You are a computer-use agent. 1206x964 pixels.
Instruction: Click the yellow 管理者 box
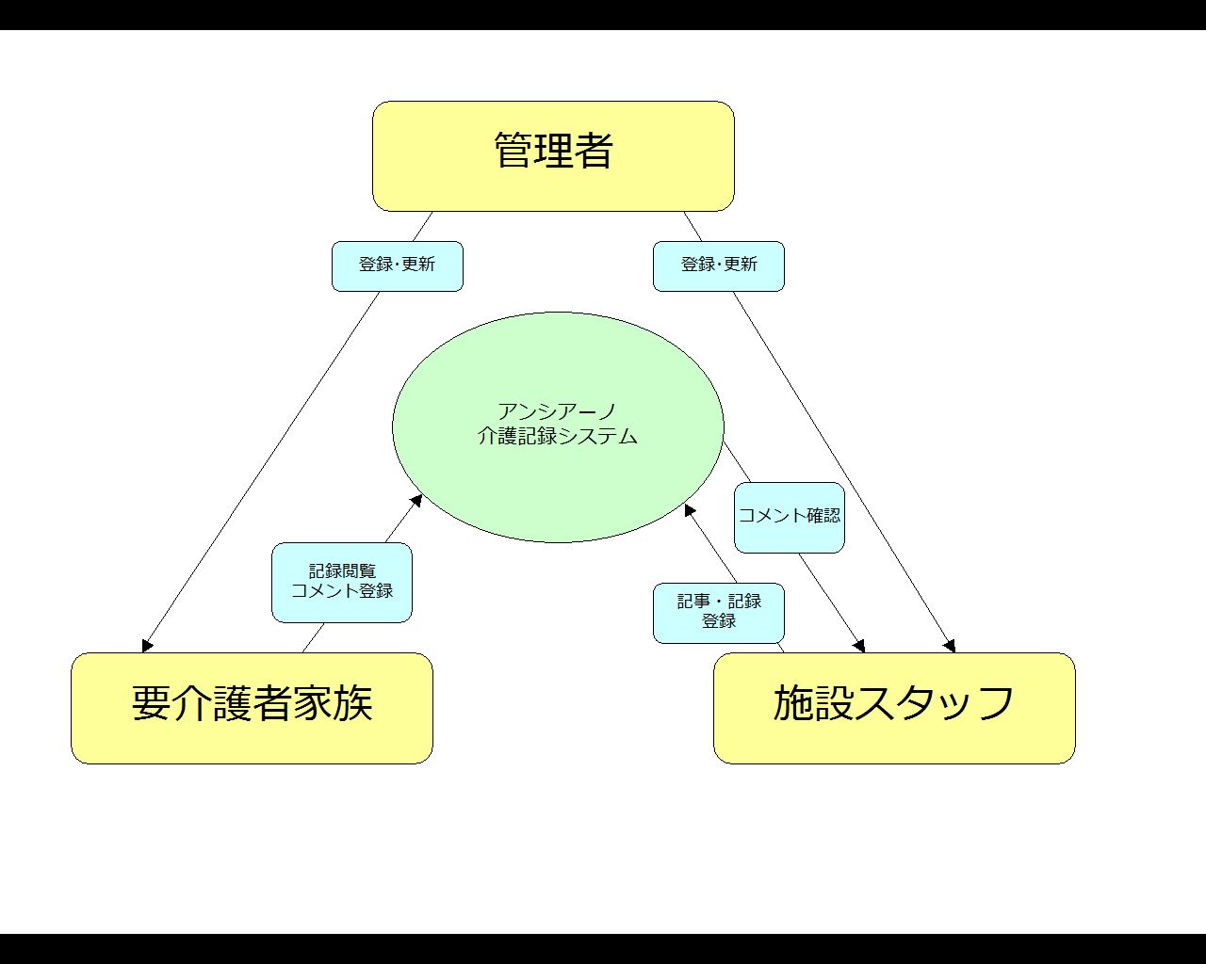click(553, 156)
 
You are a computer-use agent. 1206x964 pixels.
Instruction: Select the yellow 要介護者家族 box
click(252, 708)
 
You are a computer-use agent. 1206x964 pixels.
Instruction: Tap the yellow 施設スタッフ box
click(894, 708)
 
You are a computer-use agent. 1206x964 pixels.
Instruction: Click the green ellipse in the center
click(558, 427)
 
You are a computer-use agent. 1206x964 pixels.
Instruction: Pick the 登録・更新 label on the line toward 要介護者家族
click(398, 266)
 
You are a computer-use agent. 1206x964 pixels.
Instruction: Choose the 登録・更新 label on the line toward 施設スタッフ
click(719, 266)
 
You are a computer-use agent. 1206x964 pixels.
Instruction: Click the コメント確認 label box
click(789, 518)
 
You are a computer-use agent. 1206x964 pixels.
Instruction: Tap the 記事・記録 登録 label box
click(719, 613)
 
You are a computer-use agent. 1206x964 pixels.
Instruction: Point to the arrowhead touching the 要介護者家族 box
click(147, 646)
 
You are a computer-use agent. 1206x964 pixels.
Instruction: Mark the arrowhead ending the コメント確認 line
click(859, 647)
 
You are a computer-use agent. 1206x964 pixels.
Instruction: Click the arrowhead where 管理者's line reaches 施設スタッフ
click(950, 647)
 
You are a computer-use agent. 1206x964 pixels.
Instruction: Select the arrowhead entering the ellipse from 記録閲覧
click(416, 500)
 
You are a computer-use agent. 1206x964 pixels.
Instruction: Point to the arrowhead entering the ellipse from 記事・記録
click(690, 509)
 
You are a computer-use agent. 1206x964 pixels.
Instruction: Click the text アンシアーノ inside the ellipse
click(557, 411)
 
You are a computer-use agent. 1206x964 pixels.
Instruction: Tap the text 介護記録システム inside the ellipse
click(558, 436)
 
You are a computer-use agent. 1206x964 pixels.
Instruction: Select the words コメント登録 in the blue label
click(342, 590)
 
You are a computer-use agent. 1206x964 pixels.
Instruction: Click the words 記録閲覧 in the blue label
click(342, 570)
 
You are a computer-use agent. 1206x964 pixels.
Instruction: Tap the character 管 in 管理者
click(513, 150)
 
